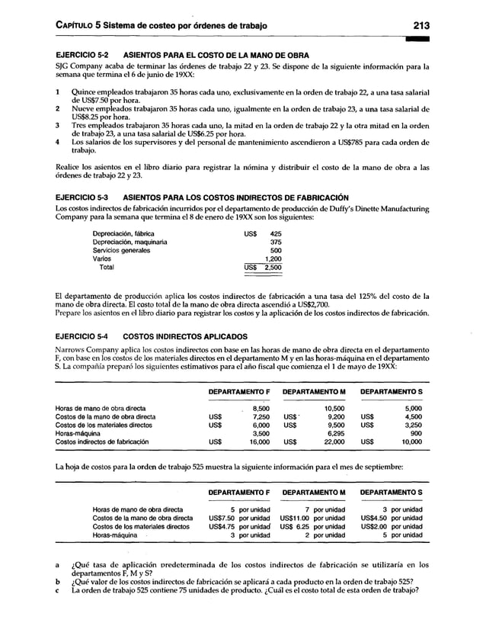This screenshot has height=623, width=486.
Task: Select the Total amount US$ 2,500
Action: pos(263,268)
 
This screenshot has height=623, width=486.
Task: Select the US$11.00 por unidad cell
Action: pos(312,519)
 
